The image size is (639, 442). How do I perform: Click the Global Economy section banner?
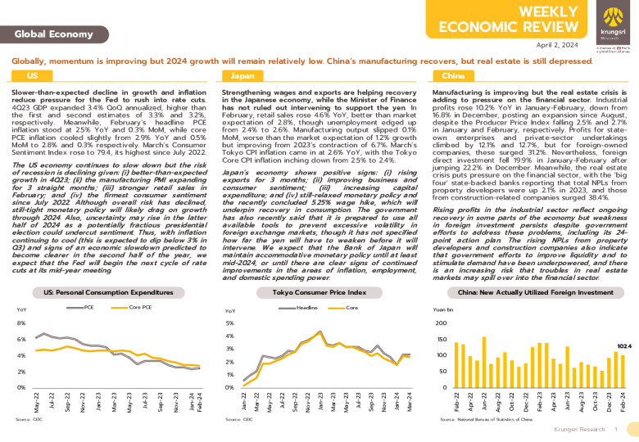click(47, 34)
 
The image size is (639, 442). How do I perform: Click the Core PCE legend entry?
click(141, 307)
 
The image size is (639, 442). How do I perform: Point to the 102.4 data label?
click(623, 346)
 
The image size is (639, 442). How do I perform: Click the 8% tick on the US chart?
click(21, 323)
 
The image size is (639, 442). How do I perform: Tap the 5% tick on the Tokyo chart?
click(230, 323)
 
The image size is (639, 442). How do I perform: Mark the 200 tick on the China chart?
click(442, 323)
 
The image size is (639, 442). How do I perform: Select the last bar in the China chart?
click(623, 371)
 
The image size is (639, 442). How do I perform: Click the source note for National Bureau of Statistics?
click(485, 418)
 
